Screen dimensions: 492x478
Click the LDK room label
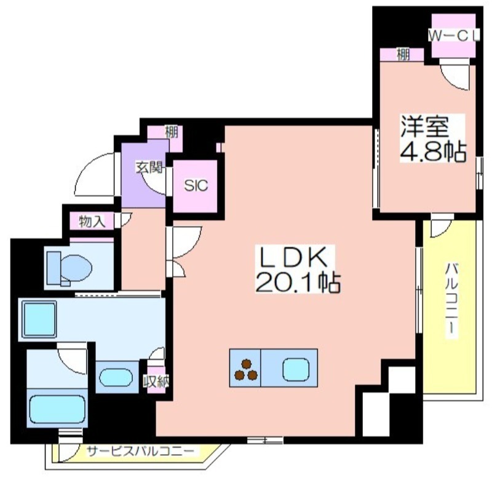tap(295, 258)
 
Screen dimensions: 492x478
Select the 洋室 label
tap(424, 127)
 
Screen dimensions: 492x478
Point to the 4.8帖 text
tap(433, 151)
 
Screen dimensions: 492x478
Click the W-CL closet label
tap(454, 36)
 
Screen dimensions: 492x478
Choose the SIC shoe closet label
tap(196, 186)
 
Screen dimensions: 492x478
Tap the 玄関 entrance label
tap(149, 167)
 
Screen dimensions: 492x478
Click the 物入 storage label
tap(92, 222)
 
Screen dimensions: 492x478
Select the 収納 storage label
tap(156, 381)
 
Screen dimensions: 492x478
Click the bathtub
tap(57, 409)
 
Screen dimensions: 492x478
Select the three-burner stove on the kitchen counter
tap(245, 370)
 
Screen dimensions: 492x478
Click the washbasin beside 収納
tap(116, 377)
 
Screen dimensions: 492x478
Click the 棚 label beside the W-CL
tap(403, 55)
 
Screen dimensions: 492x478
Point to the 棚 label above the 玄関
tap(172, 132)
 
